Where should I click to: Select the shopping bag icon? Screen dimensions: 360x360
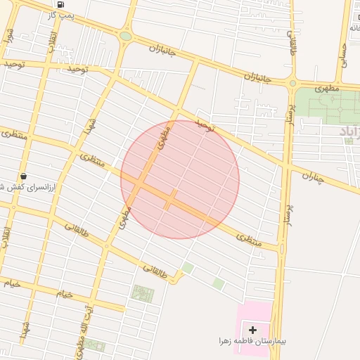coord(24,176)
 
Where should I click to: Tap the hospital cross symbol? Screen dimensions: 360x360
coord(253,329)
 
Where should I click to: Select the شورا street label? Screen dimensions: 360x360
coord(9,35)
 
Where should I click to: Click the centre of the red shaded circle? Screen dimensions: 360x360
coord(180,179)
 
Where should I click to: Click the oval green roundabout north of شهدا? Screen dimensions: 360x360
coord(126,36)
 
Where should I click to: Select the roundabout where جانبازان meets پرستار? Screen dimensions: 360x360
coord(292,84)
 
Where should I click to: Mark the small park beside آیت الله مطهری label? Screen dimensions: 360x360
coord(95,345)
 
